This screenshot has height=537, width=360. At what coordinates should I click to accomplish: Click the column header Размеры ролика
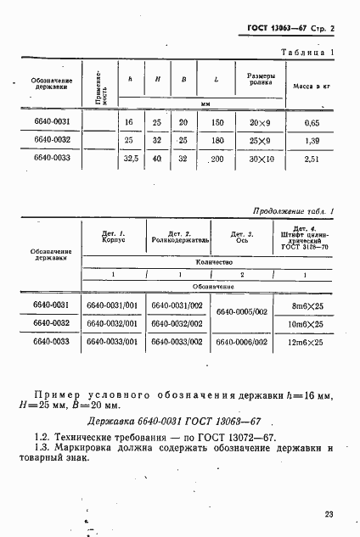259,80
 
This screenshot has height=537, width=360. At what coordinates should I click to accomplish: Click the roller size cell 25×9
259,140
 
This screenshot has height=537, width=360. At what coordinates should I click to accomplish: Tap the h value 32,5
130,159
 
